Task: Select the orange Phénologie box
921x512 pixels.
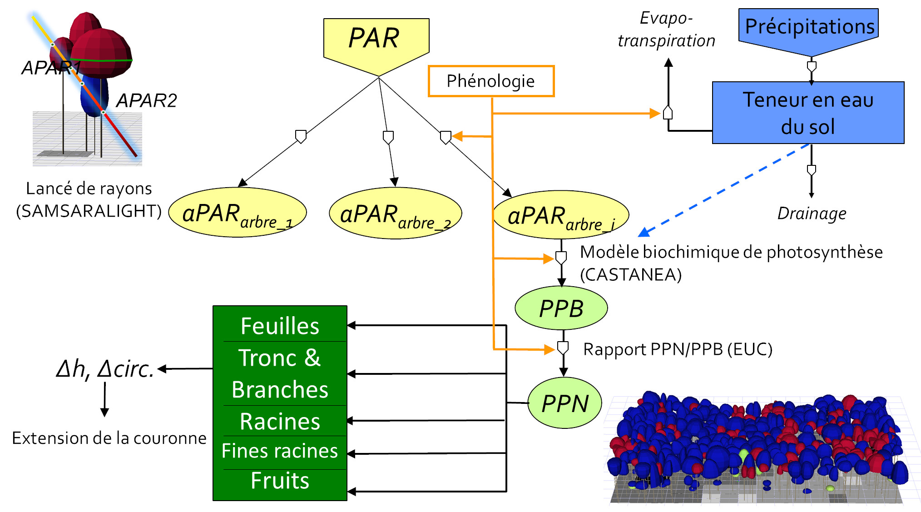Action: pyautogui.click(x=491, y=81)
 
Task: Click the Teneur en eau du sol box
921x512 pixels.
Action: pyautogui.click(x=808, y=113)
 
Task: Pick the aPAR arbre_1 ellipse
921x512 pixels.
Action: pyautogui.click(x=238, y=213)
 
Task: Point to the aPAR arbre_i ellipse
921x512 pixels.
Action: pyautogui.click(x=561, y=215)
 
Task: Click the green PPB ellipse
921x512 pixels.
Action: pyautogui.click(x=561, y=308)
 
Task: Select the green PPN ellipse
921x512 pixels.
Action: pyautogui.click(x=564, y=403)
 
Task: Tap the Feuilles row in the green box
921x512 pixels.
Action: pyautogui.click(x=280, y=325)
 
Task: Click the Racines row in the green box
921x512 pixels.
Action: pyautogui.click(x=280, y=421)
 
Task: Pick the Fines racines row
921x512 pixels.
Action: pyautogui.click(x=280, y=452)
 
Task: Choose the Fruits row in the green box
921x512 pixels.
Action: pyautogui.click(x=280, y=481)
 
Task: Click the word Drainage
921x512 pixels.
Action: pyautogui.click(x=812, y=213)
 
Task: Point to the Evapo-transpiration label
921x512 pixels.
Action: pyautogui.click(x=666, y=29)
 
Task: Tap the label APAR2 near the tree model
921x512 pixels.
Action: pyautogui.click(x=146, y=100)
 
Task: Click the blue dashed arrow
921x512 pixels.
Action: pyautogui.click(x=724, y=190)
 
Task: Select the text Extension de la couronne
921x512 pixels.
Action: pyautogui.click(x=109, y=438)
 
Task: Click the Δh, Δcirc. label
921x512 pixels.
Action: pyautogui.click(x=105, y=368)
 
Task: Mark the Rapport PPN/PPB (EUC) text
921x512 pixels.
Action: pyautogui.click(x=678, y=349)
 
